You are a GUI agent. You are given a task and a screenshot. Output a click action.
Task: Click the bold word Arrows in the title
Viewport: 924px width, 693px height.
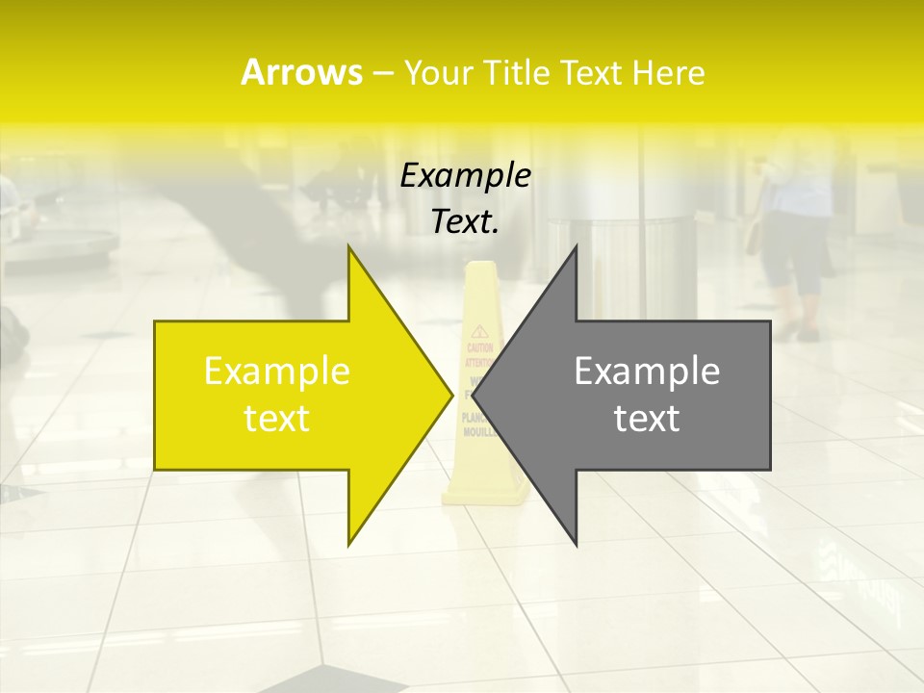click(301, 72)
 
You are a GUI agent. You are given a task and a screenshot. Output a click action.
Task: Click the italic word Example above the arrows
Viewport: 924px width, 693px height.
click(466, 176)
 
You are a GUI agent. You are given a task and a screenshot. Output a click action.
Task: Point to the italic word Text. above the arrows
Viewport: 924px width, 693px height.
click(466, 221)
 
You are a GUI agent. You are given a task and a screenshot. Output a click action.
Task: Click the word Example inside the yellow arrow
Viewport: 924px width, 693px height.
click(277, 372)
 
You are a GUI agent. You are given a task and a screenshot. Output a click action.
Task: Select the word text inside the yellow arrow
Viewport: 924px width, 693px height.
click(277, 419)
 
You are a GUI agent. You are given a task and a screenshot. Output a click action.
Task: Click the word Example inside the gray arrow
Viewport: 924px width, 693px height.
click(647, 372)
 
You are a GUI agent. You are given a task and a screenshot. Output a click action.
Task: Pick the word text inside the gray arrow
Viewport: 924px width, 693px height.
click(647, 419)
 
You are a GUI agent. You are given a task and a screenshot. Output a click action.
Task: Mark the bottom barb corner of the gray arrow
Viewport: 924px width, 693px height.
click(576, 544)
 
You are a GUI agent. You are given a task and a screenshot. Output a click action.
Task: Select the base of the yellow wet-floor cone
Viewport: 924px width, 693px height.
click(485, 496)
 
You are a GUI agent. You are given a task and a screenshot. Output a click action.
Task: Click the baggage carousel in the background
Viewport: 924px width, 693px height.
click(63, 246)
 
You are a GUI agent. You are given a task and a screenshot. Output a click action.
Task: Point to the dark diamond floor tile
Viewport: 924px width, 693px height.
click(337, 680)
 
